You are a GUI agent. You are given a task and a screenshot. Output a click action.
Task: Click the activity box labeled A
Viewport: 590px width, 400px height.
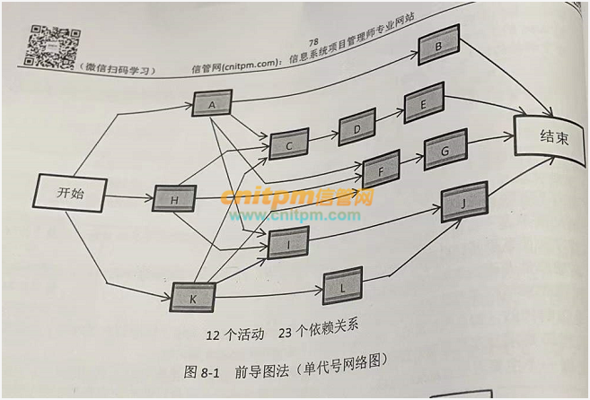tap(213, 105)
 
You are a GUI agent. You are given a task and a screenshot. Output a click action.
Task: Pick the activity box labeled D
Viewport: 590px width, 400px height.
tap(357, 127)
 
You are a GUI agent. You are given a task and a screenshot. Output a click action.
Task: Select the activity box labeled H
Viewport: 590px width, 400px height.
tap(174, 199)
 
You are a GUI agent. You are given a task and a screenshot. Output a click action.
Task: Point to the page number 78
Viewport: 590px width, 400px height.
tap(313, 42)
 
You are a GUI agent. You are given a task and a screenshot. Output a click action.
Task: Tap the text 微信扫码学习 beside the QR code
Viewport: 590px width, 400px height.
tap(118, 69)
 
